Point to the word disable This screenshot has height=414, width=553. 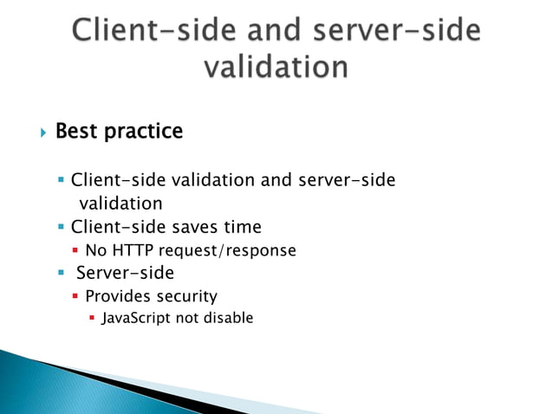click(x=228, y=318)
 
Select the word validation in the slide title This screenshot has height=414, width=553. click(x=276, y=68)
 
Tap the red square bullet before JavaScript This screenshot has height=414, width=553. click(x=92, y=319)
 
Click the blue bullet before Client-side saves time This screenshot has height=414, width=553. click(x=62, y=227)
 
